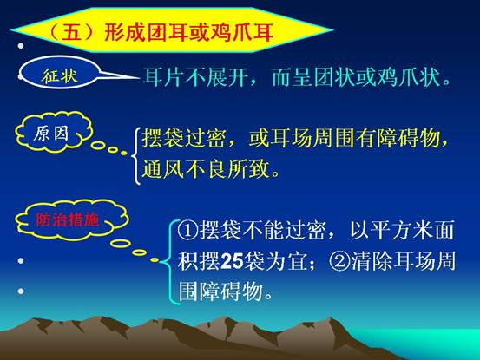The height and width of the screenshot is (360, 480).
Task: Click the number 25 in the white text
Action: [x=232, y=261]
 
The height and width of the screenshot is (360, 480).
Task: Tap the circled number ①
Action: [x=187, y=230]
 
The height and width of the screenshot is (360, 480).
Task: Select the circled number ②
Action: [x=339, y=261]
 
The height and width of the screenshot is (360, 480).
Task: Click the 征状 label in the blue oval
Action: [x=60, y=75]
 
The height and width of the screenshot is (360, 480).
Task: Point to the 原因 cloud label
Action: [x=51, y=134]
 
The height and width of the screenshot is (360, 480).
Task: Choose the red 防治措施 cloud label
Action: [x=68, y=219]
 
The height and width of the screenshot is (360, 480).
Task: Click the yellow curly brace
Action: [x=135, y=156]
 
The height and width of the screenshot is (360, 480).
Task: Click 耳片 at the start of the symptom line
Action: [x=163, y=77]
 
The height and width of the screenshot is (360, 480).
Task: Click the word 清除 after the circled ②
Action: [x=372, y=261]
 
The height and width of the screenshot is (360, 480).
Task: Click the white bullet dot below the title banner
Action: [x=21, y=46]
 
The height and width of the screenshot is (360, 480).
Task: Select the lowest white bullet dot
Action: [x=21, y=291]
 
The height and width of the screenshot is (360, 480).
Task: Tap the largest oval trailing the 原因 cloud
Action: [x=99, y=145]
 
